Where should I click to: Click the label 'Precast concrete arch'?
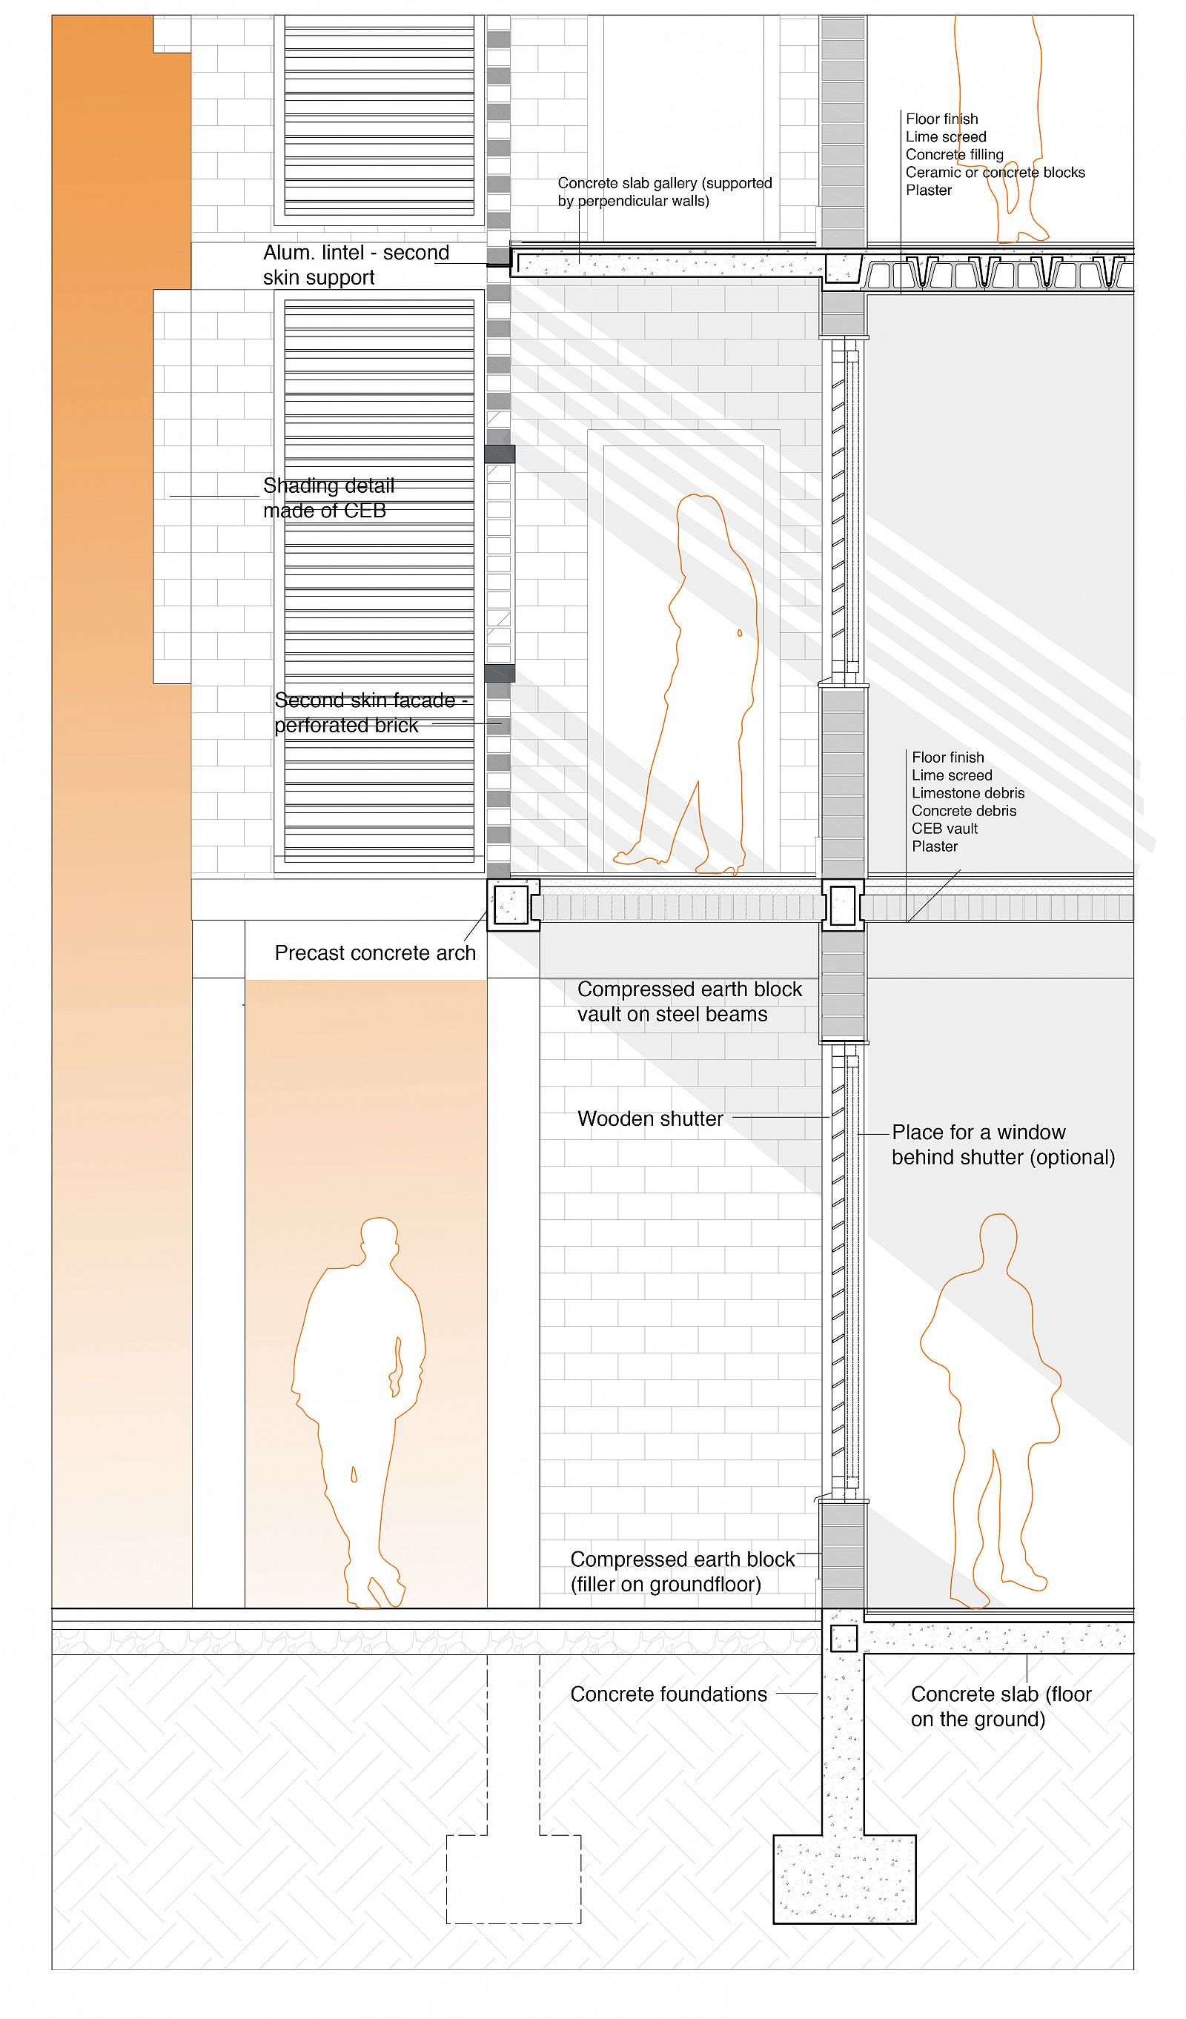pos(375,952)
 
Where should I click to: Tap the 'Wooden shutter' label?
pos(650,1118)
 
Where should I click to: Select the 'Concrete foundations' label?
pos(669,1694)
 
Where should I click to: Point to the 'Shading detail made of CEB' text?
pos(328,497)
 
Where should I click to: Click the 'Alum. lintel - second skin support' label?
pos(356,265)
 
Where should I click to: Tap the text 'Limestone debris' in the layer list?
pos(968,792)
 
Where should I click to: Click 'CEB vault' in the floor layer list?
pos(945,828)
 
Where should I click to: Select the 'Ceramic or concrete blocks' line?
pos(995,172)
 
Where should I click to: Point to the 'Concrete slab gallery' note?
pos(665,191)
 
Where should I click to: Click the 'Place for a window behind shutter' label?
pos(1004,1144)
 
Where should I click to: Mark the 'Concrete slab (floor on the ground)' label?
pos(1001,1705)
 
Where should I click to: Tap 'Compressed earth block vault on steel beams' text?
pos(689,1001)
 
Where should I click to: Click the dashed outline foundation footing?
pos(514,1878)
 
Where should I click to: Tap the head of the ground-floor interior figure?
pos(998,1239)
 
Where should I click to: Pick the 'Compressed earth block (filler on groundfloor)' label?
pos(682,1571)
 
